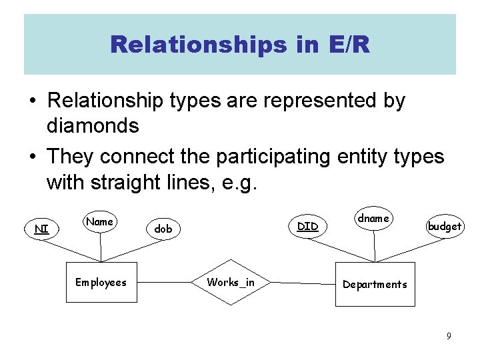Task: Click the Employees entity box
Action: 101,283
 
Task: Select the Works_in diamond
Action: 231,283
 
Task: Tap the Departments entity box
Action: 375,285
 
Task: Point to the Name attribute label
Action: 100,221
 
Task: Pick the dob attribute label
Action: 163,229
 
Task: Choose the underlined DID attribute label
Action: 307,226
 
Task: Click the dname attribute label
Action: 373,218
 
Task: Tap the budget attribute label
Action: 445,226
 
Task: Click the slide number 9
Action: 449,336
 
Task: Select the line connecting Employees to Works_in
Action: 166,283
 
